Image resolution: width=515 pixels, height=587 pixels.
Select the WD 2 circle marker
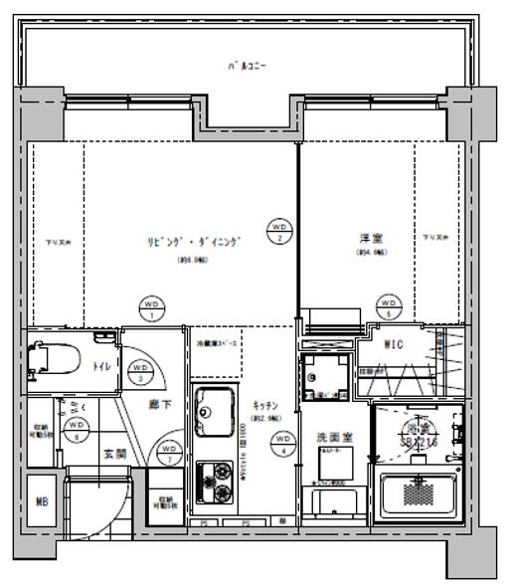click(279, 232)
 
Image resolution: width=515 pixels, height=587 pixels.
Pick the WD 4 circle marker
click(283, 441)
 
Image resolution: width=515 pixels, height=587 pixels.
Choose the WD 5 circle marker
click(389, 305)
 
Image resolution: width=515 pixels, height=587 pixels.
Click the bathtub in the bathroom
click(418, 490)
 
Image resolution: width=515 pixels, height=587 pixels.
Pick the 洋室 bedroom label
click(373, 238)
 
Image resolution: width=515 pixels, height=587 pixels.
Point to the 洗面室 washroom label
click(328, 436)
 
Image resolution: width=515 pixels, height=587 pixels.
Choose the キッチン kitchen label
click(263, 406)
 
